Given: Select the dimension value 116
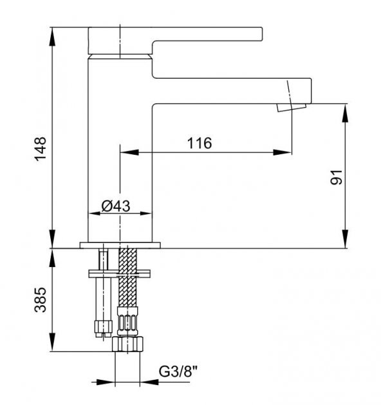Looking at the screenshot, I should [x=199, y=143].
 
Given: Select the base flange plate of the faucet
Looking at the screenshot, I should [x=120, y=245].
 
